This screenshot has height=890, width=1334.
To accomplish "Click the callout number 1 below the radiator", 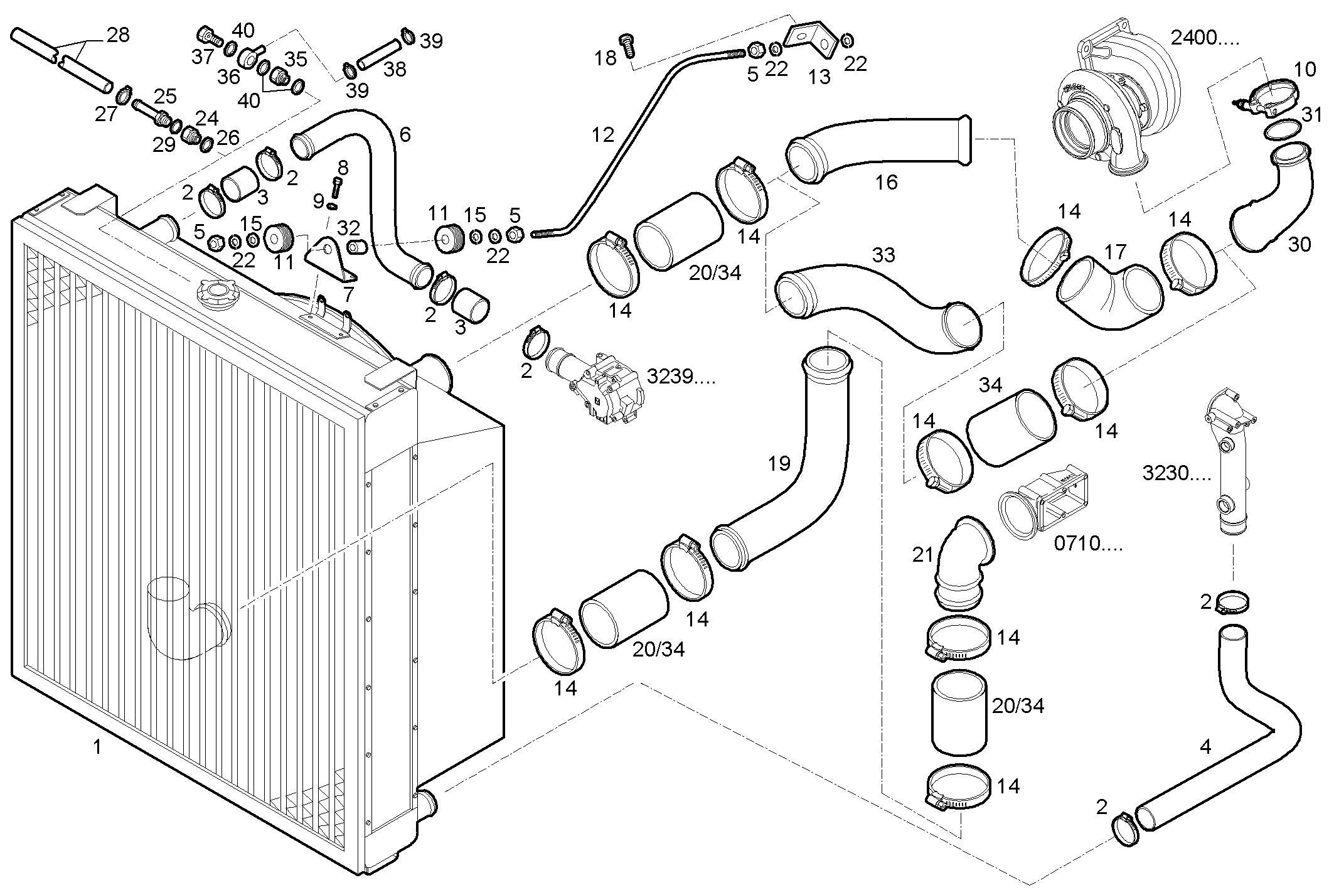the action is point(97,747).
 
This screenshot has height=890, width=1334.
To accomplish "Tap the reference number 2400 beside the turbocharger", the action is point(1205,38).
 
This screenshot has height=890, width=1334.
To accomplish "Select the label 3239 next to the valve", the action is point(681,377).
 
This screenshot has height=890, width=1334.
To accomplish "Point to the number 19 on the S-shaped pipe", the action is point(779,464).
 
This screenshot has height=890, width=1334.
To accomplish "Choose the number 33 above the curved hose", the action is point(883,255).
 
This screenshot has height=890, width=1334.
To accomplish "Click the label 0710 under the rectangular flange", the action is point(1087,544).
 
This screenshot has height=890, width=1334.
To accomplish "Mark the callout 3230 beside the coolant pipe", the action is point(1177,473).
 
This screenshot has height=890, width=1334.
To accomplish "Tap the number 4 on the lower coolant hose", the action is point(1205,746).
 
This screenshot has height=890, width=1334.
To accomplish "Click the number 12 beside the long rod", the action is point(603,135).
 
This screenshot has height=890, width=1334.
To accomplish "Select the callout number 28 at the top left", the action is point(118,35).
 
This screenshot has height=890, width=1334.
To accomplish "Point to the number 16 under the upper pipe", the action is point(887,183).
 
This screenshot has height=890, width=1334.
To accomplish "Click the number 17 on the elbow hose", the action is point(1115,252).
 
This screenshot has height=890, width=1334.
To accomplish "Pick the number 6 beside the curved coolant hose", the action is point(405,134).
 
